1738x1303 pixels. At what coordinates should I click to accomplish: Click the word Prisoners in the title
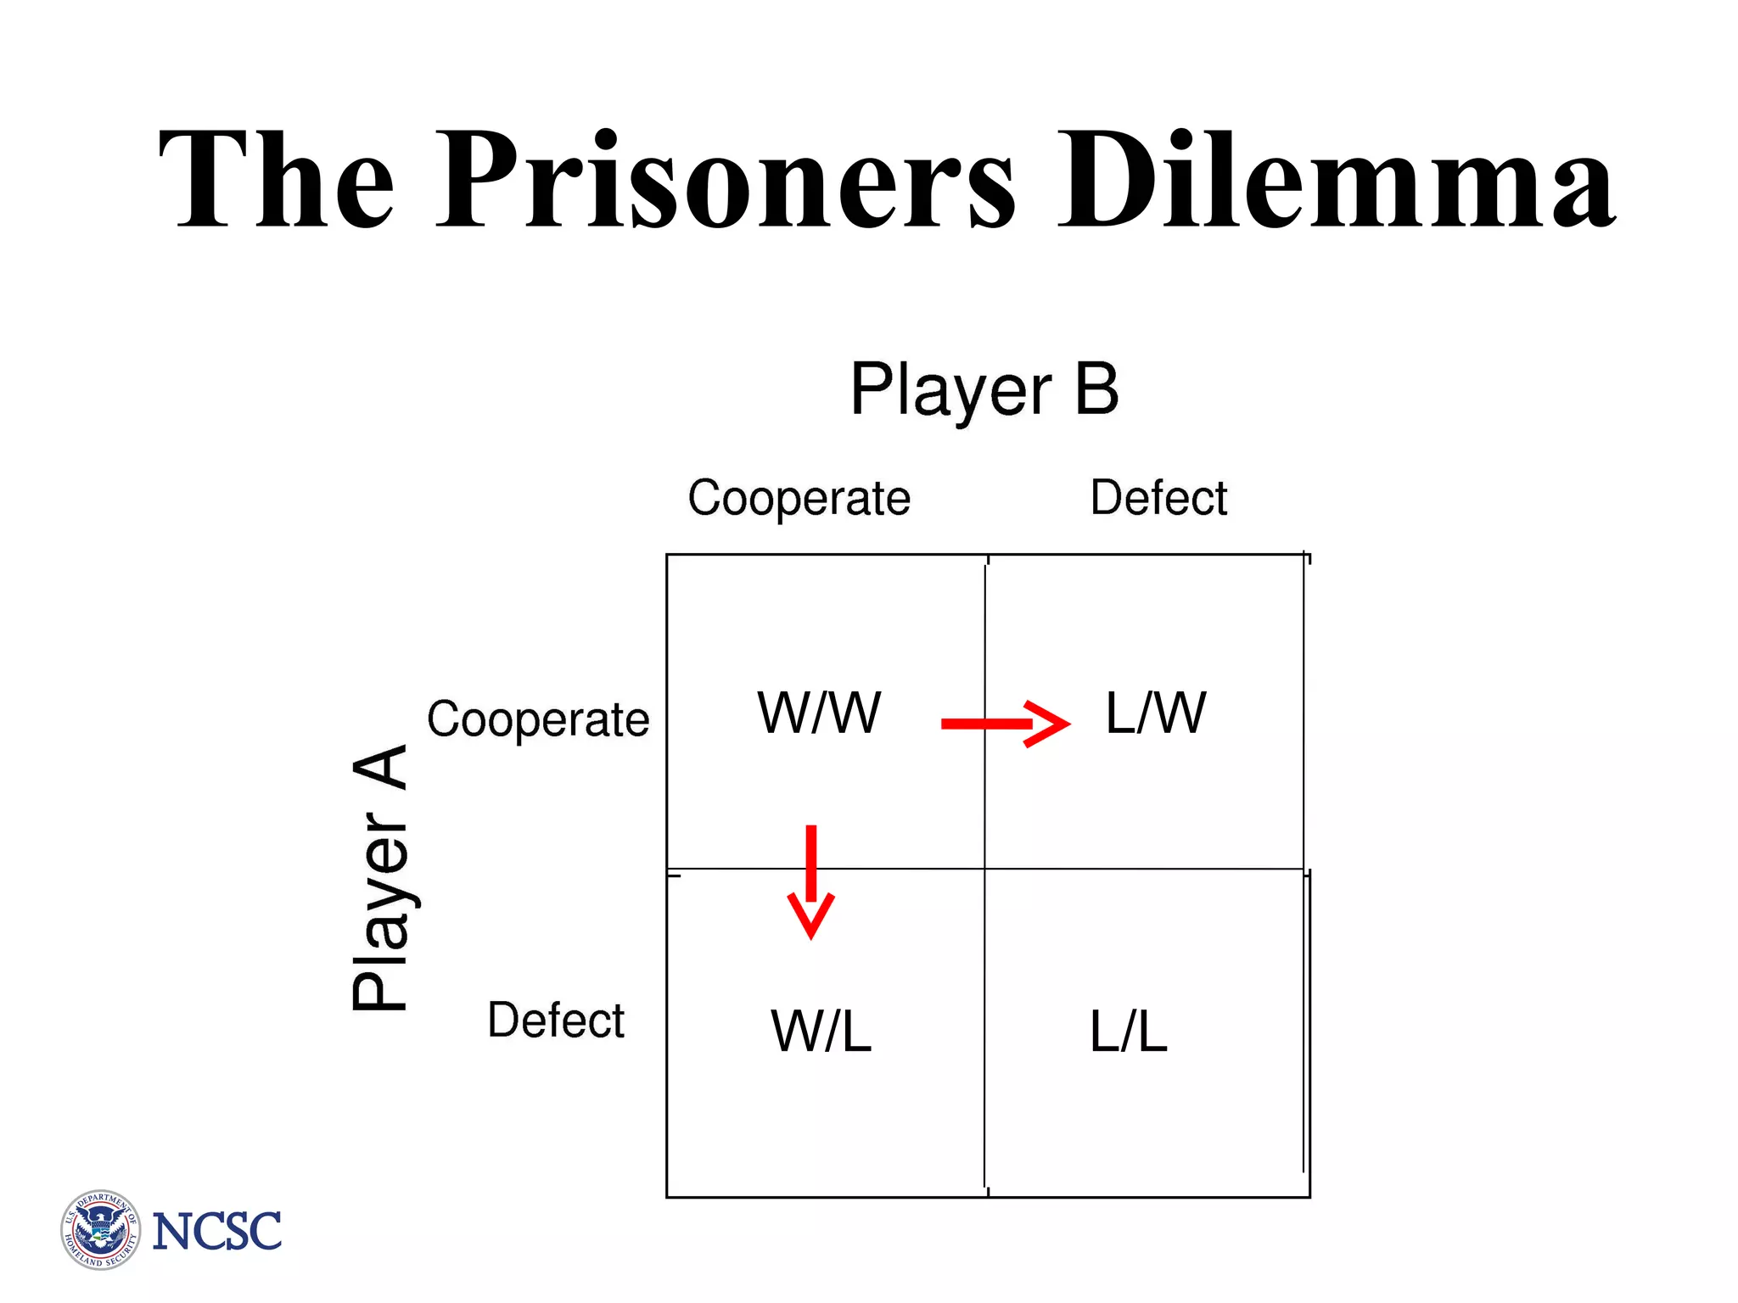(726, 180)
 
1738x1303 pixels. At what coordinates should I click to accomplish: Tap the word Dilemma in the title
(1337, 180)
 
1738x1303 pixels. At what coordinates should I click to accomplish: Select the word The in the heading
(277, 180)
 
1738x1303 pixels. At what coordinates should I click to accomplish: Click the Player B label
(984, 390)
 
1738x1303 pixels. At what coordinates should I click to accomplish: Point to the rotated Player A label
(380, 878)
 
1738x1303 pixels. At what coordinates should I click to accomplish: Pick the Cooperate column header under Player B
(799, 498)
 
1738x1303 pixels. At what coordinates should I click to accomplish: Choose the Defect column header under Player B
(1158, 498)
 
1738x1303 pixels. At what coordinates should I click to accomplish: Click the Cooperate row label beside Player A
(538, 720)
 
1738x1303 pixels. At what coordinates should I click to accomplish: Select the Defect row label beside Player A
(556, 1020)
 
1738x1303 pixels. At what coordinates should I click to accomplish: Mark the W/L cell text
(821, 1032)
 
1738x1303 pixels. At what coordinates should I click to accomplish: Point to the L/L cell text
(1129, 1032)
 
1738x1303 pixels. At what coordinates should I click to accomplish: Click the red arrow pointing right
(1006, 724)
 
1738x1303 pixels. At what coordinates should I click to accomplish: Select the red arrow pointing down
(811, 882)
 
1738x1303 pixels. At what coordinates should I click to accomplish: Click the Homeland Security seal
(101, 1229)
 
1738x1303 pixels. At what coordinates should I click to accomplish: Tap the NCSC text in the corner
(216, 1232)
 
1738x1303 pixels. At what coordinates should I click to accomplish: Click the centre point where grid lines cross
(985, 869)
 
